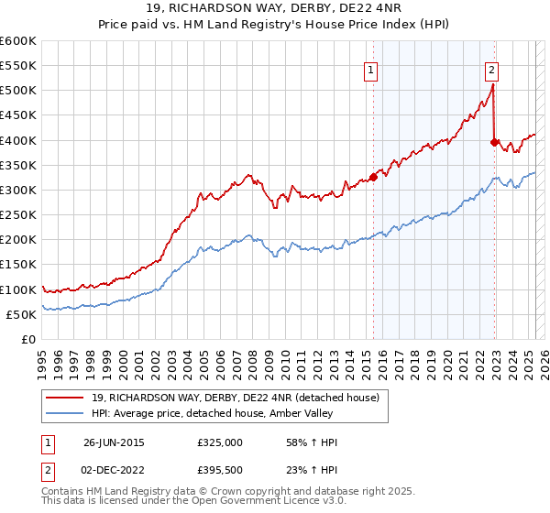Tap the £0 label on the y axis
(28, 339)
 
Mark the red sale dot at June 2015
(373, 177)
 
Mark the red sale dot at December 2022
(494, 142)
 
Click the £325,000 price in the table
(219, 442)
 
